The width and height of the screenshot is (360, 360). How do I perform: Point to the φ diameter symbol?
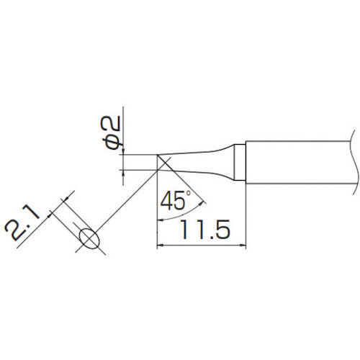(114, 143)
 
